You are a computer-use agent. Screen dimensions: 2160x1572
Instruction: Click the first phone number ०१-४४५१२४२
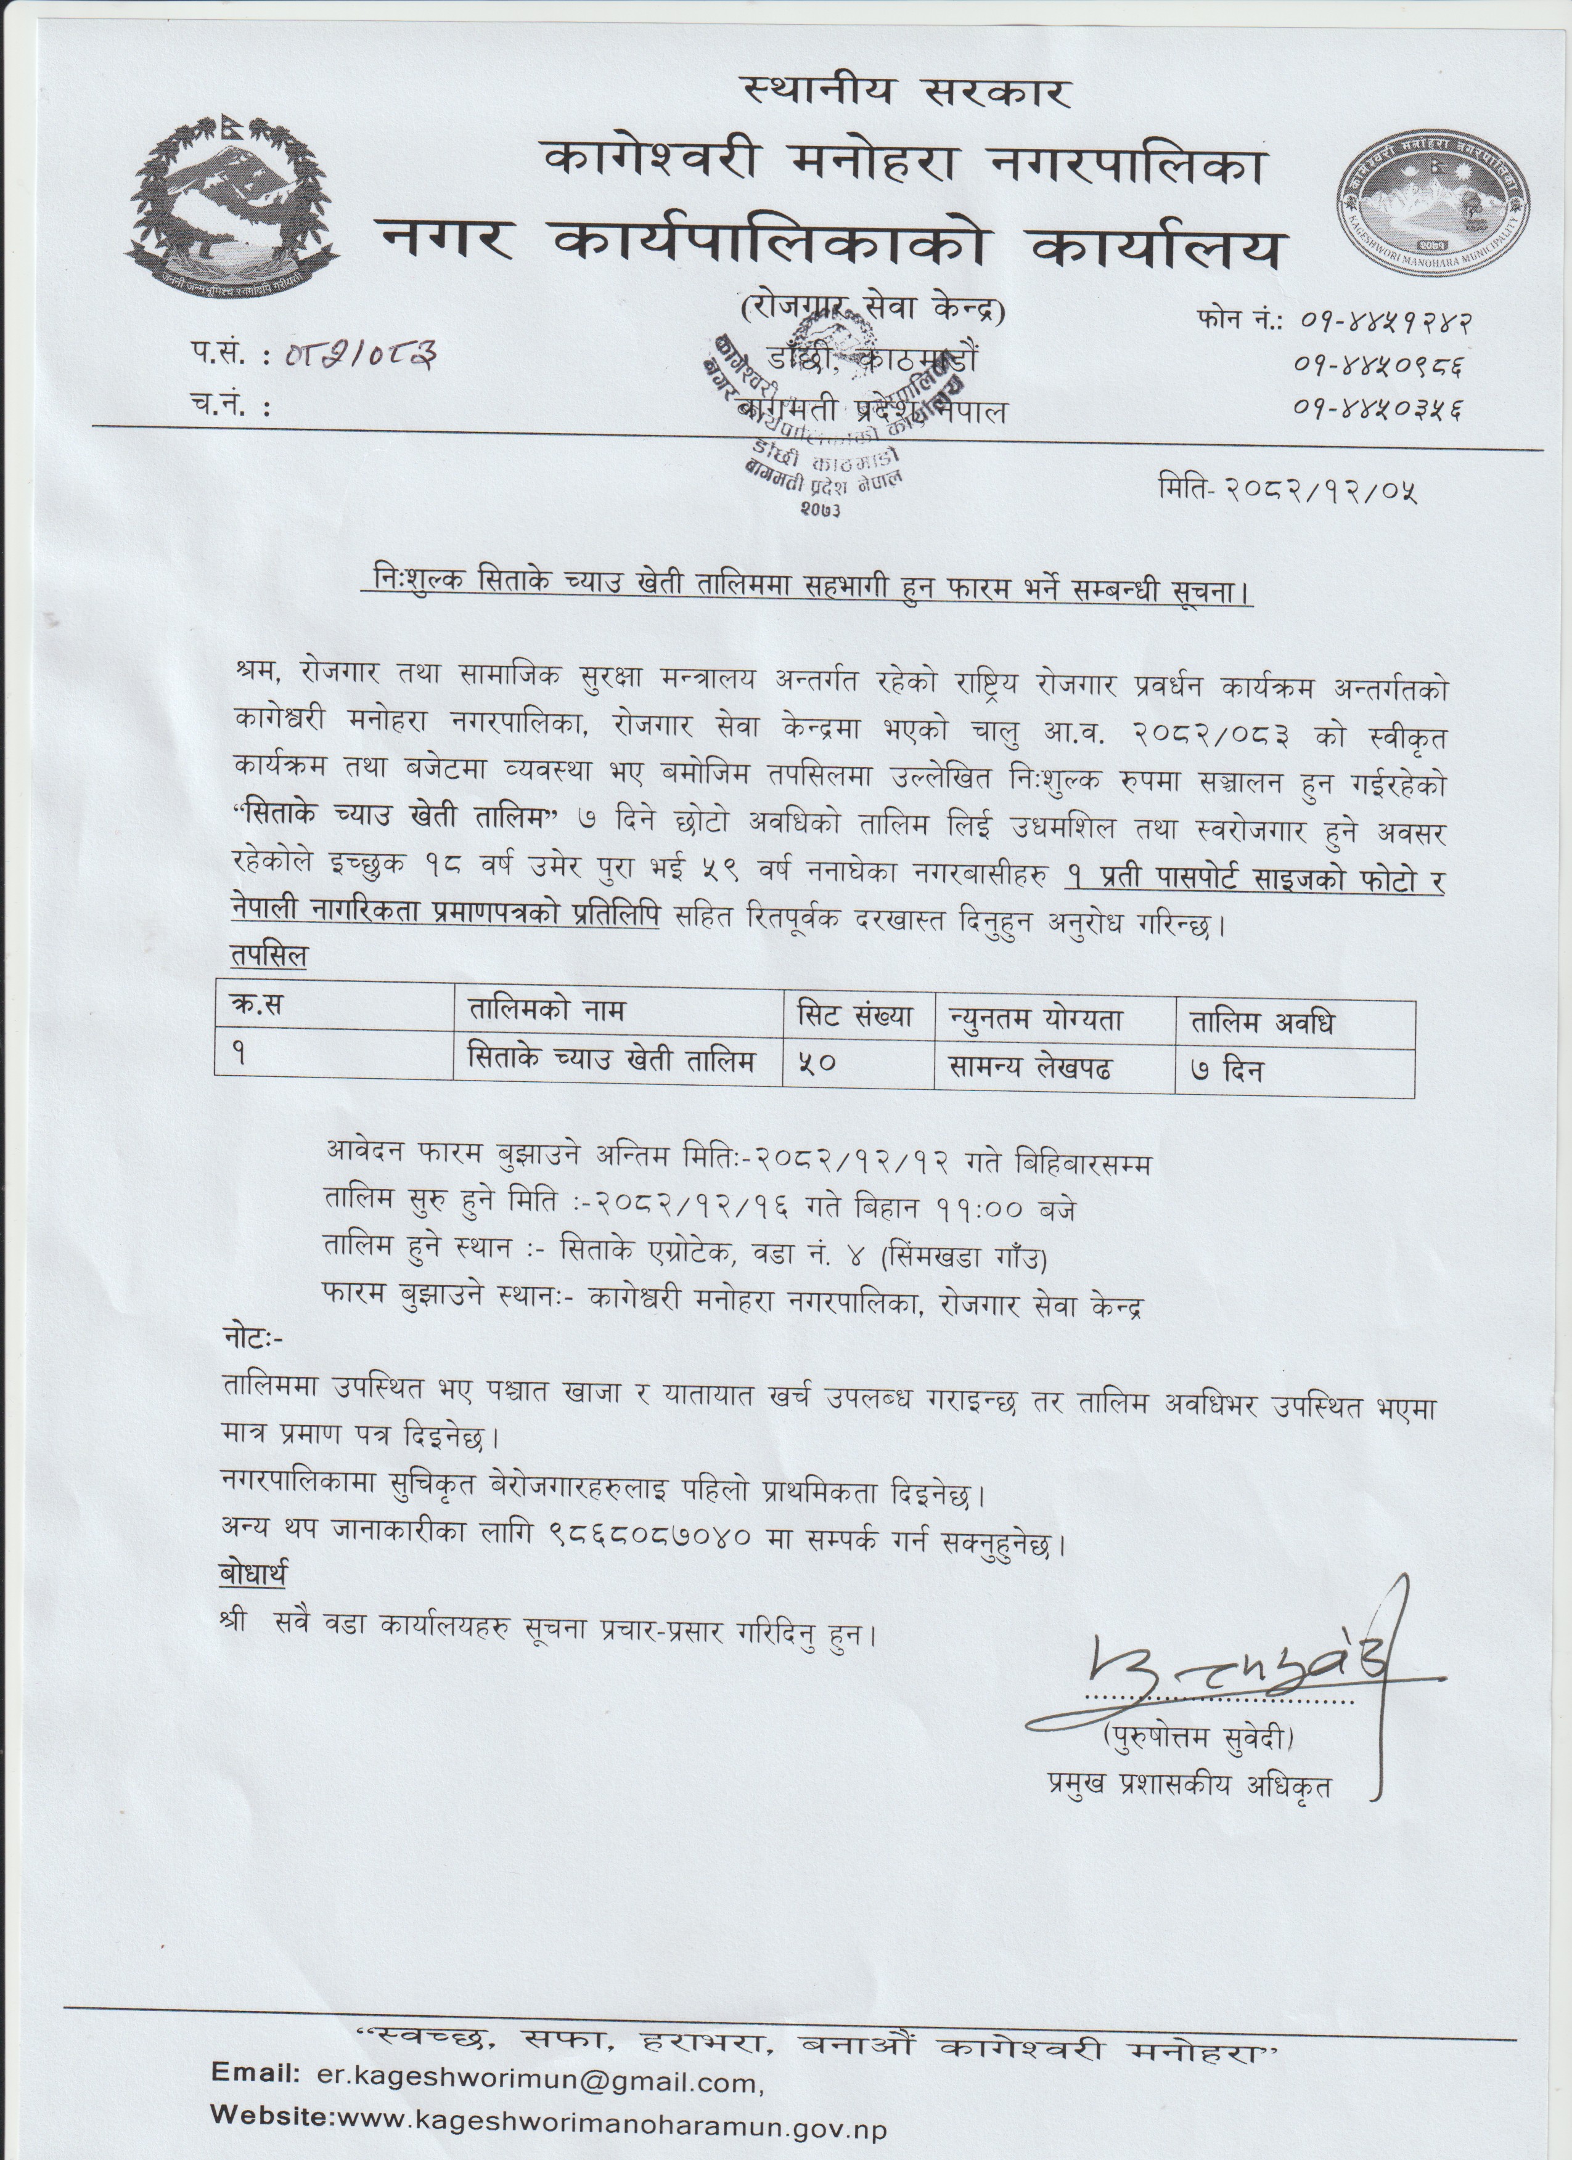pos(1383,322)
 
